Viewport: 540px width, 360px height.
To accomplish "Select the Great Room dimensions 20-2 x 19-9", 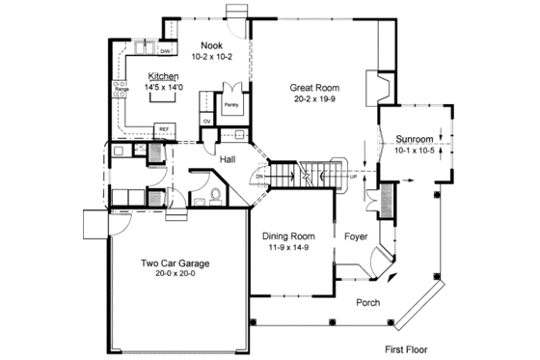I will pyautogui.click(x=314, y=98).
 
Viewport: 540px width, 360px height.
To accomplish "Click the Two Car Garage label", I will pyautogui.click(x=175, y=263).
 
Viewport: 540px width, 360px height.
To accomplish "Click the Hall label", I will pyautogui.click(x=228, y=159).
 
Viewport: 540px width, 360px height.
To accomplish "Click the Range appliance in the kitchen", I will pyautogui.click(x=122, y=91).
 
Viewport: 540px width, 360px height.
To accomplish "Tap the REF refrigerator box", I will pyautogui.click(x=165, y=126).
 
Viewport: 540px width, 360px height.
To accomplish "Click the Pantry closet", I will pyautogui.click(x=231, y=103).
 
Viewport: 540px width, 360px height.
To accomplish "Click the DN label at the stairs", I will pyautogui.click(x=260, y=178).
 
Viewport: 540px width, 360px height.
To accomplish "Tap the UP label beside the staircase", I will pyautogui.click(x=353, y=178).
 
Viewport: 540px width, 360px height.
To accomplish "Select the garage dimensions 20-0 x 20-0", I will pyautogui.click(x=175, y=274).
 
